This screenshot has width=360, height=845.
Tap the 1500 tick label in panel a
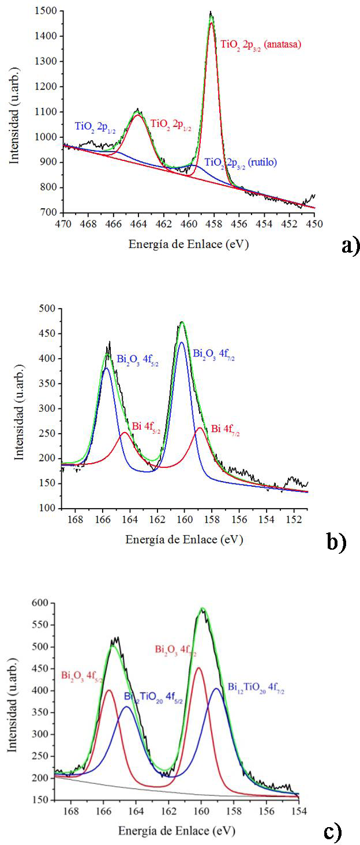45,11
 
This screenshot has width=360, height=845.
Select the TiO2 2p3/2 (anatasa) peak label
261,44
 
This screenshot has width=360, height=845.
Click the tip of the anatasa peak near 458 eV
211,13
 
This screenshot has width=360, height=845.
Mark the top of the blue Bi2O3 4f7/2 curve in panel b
182,343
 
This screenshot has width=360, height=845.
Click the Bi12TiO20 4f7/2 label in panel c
256,687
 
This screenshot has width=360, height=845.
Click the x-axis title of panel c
177,831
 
